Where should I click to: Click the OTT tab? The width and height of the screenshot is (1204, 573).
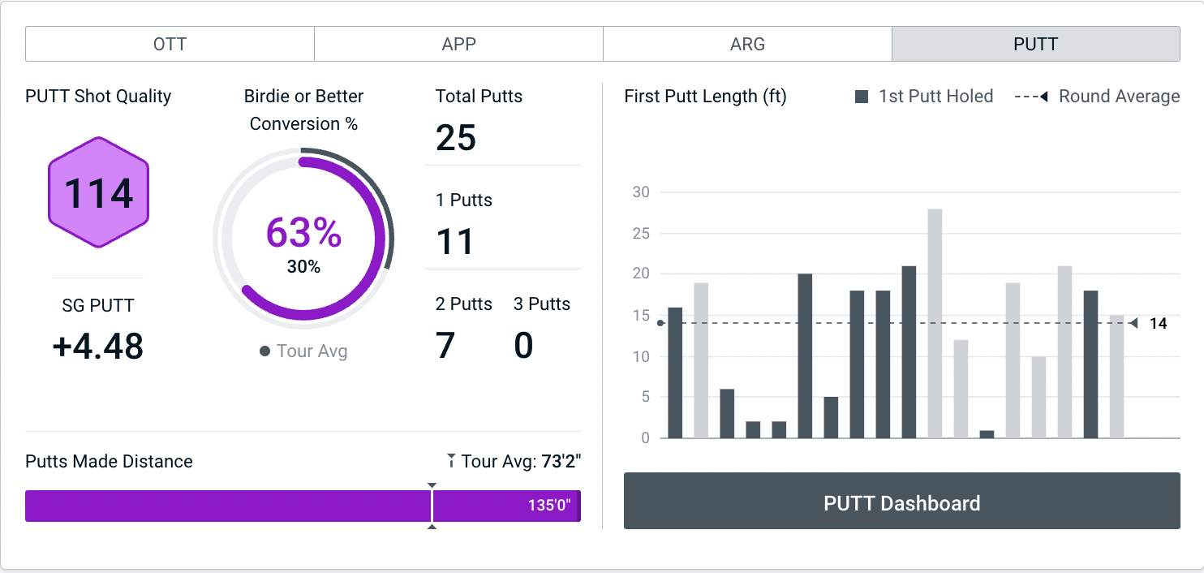coord(170,44)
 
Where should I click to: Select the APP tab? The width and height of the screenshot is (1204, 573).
coord(458,44)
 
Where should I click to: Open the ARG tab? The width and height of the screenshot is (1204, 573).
coord(747,44)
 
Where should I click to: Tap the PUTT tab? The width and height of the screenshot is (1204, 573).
coord(1035,44)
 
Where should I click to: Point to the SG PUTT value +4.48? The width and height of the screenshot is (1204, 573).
coord(98,347)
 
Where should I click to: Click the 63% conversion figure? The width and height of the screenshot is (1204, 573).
coord(303,233)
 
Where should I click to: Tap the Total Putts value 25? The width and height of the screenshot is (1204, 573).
coord(456,137)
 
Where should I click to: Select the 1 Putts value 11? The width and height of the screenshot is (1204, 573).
coord(454,241)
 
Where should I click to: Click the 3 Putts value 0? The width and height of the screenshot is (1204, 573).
coord(523,346)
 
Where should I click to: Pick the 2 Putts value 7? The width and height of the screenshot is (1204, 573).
coord(445,346)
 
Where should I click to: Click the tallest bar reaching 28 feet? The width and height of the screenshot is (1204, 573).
coord(935,324)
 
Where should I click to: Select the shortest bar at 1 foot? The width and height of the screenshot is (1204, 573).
coord(987,434)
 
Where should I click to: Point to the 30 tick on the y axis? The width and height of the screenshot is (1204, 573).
coord(641,192)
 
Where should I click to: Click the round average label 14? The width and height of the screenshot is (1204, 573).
coord(1158,324)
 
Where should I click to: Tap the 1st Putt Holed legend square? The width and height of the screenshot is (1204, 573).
coord(862,97)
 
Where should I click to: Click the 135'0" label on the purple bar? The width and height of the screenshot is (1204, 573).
coord(549,505)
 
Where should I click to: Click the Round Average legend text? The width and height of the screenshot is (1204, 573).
coord(1119,97)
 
